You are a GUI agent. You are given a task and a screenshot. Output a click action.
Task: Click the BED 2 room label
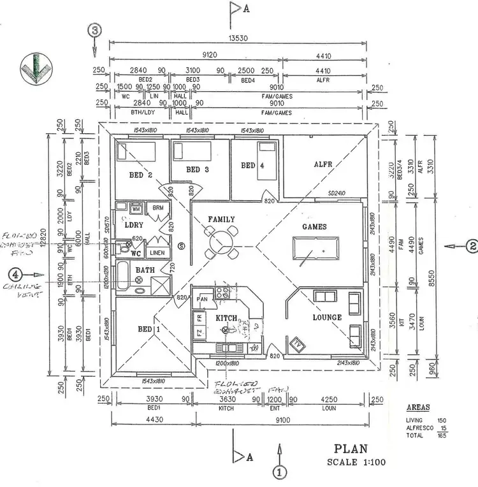pos(141,175)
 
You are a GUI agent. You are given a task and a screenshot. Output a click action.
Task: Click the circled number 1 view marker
pos(278,472)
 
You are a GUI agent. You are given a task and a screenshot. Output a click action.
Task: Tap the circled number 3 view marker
pos(96,30)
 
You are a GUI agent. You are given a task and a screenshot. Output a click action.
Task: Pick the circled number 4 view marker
pos(15,274)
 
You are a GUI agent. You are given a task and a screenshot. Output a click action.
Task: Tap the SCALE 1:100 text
pos(356,463)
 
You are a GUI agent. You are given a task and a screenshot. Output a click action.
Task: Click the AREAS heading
pos(417,407)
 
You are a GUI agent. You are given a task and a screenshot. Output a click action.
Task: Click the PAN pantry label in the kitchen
pos(203,299)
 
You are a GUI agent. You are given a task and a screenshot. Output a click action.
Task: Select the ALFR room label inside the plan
pos(323,164)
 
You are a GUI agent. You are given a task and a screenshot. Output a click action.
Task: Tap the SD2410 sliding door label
pos(337,193)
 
